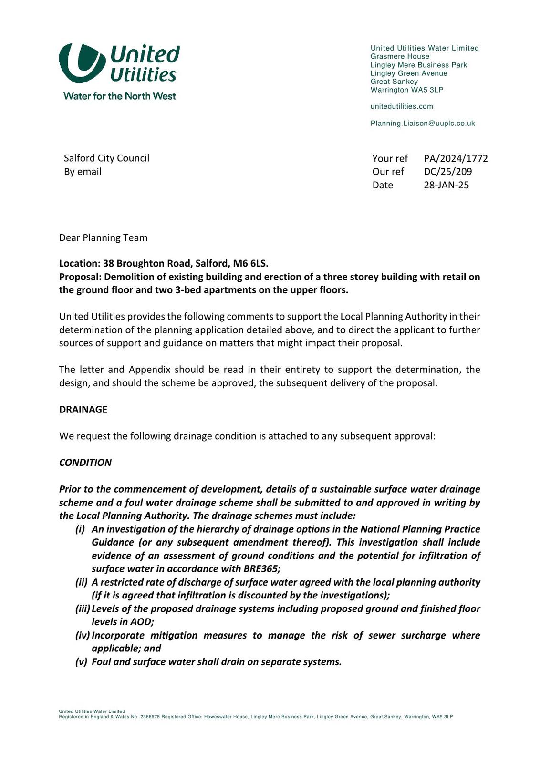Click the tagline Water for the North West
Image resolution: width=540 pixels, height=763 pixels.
pos(119,96)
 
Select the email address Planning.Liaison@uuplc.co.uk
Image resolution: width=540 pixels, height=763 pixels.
pos(423,124)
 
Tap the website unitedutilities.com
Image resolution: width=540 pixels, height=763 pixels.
pos(402,106)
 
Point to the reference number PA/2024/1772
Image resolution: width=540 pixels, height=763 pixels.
pos(456,158)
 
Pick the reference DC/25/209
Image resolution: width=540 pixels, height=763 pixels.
pos(447,172)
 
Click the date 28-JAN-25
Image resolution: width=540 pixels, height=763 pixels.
pos(446,185)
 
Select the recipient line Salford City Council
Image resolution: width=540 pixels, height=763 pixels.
pos(106,158)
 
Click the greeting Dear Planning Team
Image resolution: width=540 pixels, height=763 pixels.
pos(103,237)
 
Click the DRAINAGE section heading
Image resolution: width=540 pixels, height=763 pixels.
pos(83,410)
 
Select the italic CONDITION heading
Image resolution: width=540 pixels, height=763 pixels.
pos(85,463)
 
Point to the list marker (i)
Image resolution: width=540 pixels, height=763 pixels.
pos(80,529)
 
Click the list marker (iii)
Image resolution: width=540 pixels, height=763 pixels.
pos(83,608)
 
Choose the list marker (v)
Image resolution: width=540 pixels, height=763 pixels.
pos(81,662)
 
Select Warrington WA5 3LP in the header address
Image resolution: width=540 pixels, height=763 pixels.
pos(407,90)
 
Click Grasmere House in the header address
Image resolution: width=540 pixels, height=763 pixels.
pos(400,56)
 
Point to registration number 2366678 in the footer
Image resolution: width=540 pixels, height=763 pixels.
pos(150,717)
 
